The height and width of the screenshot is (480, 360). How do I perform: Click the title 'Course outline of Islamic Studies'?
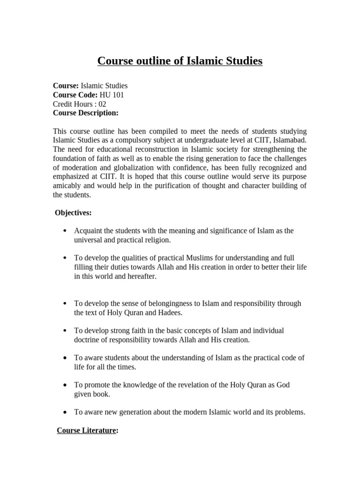(x=180, y=61)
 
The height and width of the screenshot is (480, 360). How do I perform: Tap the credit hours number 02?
(x=102, y=104)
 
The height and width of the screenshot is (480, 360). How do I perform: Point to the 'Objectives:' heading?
(x=73, y=213)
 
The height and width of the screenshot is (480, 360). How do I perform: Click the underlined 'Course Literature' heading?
(x=86, y=430)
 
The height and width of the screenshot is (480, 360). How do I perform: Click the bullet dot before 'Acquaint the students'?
(x=64, y=231)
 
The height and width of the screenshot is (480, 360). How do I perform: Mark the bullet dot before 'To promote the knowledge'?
(x=64, y=385)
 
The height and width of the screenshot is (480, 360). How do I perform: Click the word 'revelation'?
(x=187, y=385)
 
